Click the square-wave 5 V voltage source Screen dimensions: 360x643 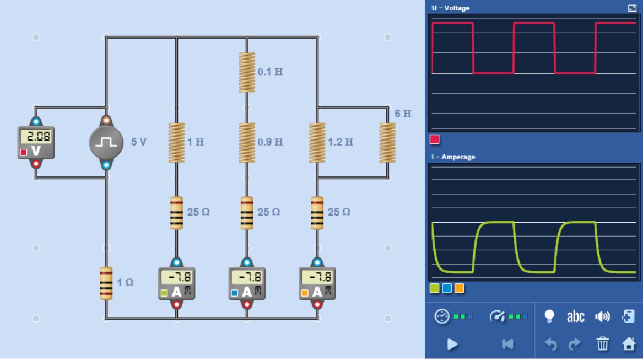tap(106, 143)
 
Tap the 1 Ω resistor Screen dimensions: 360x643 tap(106, 283)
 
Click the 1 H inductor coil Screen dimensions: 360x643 tap(176, 143)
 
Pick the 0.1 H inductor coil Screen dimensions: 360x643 tap(247, 72)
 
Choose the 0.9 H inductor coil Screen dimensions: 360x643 tap(247, 143)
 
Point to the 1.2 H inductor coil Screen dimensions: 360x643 tap(317, 143)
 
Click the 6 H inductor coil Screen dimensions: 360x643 tap(388, 143)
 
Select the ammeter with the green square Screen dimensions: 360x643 tap(176, 283)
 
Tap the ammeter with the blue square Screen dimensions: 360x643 tap(247, 283)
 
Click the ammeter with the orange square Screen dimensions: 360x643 tap(317, 283)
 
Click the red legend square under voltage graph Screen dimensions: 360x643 tap(435, 139)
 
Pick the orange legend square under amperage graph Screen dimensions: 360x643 tap(460, 288)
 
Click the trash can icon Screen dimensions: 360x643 tap(603, 345)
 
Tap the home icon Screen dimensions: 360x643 tap(629, 345)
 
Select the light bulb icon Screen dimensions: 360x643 tap(549, 316)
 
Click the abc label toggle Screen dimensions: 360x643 tap(575, 316)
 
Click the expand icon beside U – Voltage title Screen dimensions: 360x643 tap(632, 8)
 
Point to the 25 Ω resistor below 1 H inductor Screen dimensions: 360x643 tap(176, 212)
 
